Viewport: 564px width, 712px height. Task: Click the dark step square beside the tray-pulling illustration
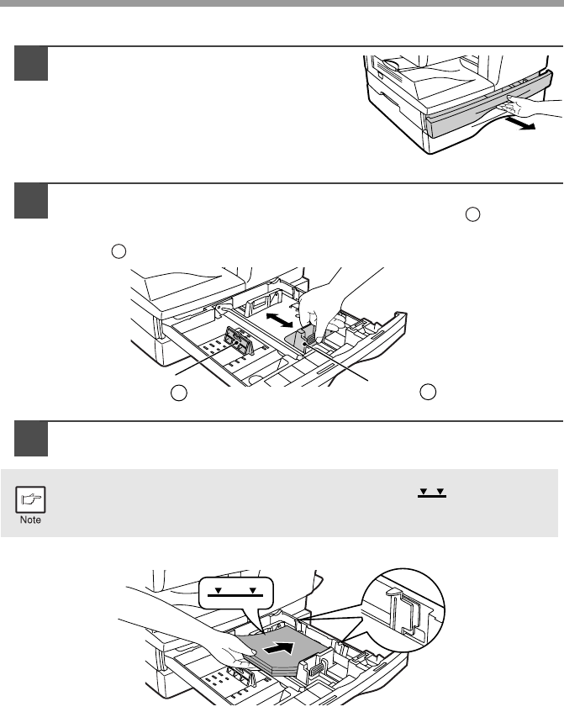[x=31, y=64]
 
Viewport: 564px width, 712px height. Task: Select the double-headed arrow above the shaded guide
[x=279, y=319]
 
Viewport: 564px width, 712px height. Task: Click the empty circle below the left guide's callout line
[x=179, y=393]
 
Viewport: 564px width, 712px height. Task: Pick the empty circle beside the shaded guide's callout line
[x=428, y=392]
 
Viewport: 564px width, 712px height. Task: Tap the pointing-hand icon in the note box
[x=30, y=499]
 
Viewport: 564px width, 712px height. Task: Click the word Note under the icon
[x=30, y=520]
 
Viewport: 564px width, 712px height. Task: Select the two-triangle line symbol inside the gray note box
[x=432, y=493]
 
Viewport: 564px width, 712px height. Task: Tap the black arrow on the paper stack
[x=279, y=648]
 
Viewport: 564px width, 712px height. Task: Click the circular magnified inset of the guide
[x=403, y=609]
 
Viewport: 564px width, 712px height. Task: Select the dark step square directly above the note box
[x=31, y=439]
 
